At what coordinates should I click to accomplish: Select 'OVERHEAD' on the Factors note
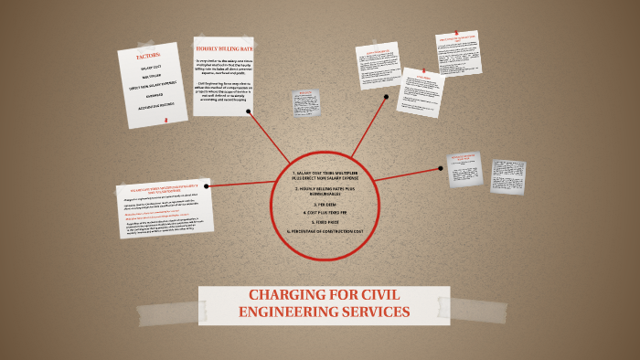tap(153, 93)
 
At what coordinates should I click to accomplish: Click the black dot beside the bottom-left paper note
tap(208, 185)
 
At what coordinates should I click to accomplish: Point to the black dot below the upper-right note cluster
tap(387, 96)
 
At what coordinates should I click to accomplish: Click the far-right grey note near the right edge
tap(507, 176)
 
